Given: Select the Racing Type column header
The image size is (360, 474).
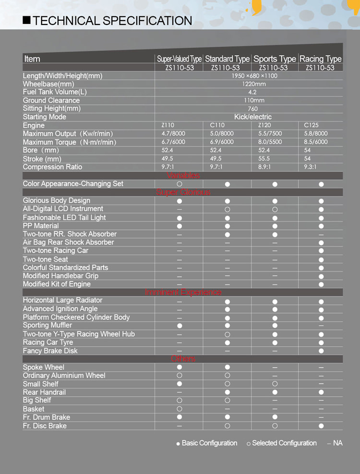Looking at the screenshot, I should pos(320,59).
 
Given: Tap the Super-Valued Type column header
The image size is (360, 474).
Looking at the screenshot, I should pos(179,59).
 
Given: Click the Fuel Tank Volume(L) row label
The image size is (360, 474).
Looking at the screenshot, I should pos(55,92).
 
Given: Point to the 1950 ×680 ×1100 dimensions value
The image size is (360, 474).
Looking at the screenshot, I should pos(254,76).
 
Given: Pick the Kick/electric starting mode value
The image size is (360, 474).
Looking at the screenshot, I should pos(253,117).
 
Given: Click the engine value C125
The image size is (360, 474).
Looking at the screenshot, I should pos(311,125).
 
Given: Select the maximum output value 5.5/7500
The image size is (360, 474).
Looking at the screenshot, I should pos(270,134).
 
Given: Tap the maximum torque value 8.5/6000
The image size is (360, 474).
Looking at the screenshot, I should pos(316,142).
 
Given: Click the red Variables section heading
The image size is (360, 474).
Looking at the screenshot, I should pos(183,176).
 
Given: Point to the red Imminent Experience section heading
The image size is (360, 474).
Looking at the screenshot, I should pos(184,292).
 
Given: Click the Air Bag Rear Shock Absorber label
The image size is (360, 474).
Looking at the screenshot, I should pos(68,243).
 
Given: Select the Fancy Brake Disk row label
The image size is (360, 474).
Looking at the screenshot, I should pos(50,351).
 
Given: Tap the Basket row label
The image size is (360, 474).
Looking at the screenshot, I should pos(34,409).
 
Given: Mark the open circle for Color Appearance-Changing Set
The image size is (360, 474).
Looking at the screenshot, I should pos(179,184).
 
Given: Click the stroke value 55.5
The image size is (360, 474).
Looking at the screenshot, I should pos(264,158).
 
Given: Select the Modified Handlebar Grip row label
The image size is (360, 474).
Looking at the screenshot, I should pos(60,276).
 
